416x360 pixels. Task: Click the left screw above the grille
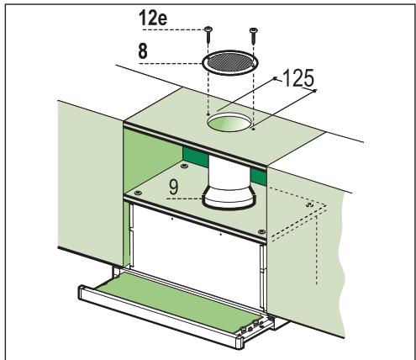point(206,32)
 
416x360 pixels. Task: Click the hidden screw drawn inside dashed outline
point(310,204)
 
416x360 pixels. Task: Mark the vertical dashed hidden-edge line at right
point(319,252)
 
